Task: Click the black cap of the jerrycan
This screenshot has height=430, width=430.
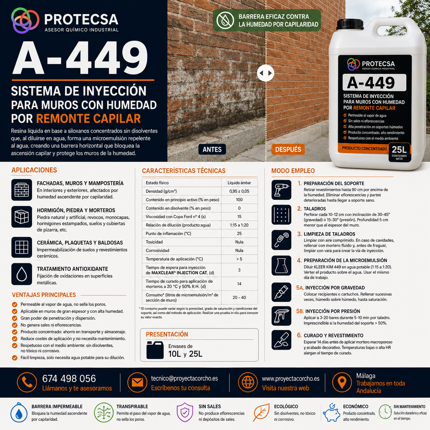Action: click(350, 24)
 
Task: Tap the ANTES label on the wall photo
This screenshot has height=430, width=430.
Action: click(212, 149)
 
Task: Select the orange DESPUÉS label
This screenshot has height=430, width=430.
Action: click(288, 149)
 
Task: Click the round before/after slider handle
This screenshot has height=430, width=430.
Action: click(265, 73)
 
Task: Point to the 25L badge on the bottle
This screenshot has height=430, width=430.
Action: click(399, 152)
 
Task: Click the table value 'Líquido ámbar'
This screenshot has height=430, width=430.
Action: click(239, 183)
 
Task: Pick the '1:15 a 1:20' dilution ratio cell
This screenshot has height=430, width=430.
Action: click(239, 225)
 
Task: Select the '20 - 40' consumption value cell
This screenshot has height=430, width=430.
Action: click(239, 297)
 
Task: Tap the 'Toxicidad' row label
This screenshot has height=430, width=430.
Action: click(154, 242)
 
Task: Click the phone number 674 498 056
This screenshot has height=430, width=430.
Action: click(69, 379)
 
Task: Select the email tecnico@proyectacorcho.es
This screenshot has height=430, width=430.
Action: click(184, 379)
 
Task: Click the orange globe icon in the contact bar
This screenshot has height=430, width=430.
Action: click(248, 382)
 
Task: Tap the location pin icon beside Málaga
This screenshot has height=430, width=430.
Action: click(342, 382)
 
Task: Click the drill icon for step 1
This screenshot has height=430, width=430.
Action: click(282, 190)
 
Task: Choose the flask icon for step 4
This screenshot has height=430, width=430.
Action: click(282, 265)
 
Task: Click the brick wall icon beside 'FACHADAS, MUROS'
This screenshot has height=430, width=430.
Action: click(22, 190)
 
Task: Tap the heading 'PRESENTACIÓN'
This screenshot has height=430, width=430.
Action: click(167, 334)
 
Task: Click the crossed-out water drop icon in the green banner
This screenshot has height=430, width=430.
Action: click(225, 20)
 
